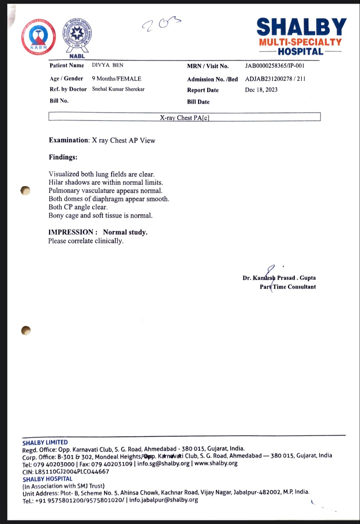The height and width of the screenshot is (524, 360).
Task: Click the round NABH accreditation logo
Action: pos(39,37)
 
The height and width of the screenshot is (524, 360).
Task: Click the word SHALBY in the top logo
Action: pos(301,27)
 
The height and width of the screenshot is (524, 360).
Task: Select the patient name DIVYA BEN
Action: pos(108,65)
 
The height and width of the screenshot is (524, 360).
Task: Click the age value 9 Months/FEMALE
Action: pos(117,79)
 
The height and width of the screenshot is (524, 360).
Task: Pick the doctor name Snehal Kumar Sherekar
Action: pos(118,89)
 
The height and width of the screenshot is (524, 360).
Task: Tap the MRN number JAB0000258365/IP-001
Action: pos(275,66)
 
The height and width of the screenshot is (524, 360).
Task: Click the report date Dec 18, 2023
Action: pos(261,90)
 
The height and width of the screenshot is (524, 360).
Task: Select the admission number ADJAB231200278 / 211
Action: pos(275,79)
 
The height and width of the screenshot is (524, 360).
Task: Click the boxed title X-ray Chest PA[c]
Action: pos(184,117)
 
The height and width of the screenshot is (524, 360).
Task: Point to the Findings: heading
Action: pos(63,157)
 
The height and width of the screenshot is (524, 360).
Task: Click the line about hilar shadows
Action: pos(106,182)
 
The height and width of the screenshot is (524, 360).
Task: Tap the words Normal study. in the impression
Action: pos(125,232)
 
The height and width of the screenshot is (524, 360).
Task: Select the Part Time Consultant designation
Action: pos(288,287)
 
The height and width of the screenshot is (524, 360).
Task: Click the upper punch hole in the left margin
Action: pos(25,190)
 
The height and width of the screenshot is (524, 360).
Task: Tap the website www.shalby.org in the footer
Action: pos(216,463)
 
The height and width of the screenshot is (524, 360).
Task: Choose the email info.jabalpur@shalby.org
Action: pos(164,500)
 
